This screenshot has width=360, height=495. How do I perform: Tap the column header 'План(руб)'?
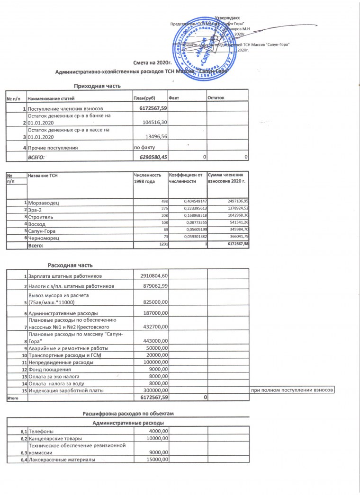[145, 98]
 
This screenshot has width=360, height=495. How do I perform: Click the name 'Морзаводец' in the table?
[44, 203]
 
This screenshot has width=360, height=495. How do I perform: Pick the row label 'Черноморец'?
[44, 238]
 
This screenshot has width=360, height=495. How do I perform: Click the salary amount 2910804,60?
[154, 275]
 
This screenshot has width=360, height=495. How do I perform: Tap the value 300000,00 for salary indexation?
[156, 390]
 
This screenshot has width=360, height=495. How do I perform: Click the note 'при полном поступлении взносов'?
[293, 390]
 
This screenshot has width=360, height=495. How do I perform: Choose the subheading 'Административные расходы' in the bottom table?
[128, 422]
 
